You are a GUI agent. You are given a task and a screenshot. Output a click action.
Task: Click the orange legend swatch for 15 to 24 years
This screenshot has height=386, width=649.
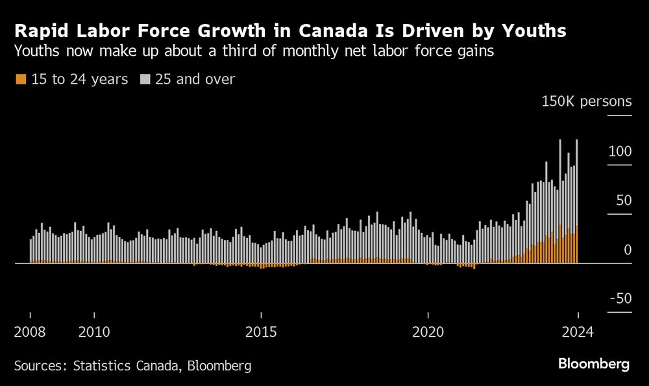point(20,79)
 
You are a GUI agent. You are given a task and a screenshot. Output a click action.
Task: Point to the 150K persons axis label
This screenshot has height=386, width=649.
point(587,101)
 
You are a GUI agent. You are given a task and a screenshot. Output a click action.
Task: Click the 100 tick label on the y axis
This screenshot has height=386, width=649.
point(620,151)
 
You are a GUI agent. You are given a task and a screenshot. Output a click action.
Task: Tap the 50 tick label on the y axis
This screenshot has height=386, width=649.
point(624,200)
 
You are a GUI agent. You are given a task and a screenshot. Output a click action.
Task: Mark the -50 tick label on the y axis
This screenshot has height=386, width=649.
point(620,298)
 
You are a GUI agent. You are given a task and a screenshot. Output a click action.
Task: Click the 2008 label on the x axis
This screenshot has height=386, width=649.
point(30,333)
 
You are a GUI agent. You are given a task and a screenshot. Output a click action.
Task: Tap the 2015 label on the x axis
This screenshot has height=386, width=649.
point(262,333)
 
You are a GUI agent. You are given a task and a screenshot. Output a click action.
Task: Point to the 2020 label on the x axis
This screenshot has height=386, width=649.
point(428,333)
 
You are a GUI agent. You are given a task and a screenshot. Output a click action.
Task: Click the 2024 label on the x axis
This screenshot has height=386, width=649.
point(578,333)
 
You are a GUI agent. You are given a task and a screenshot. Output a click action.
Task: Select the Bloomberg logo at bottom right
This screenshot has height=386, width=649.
point(594,364)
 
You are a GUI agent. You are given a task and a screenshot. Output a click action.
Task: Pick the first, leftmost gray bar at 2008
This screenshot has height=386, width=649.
point(31,250)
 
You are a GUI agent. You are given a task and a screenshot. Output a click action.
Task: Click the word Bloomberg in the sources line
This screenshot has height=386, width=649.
point(219,366)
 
